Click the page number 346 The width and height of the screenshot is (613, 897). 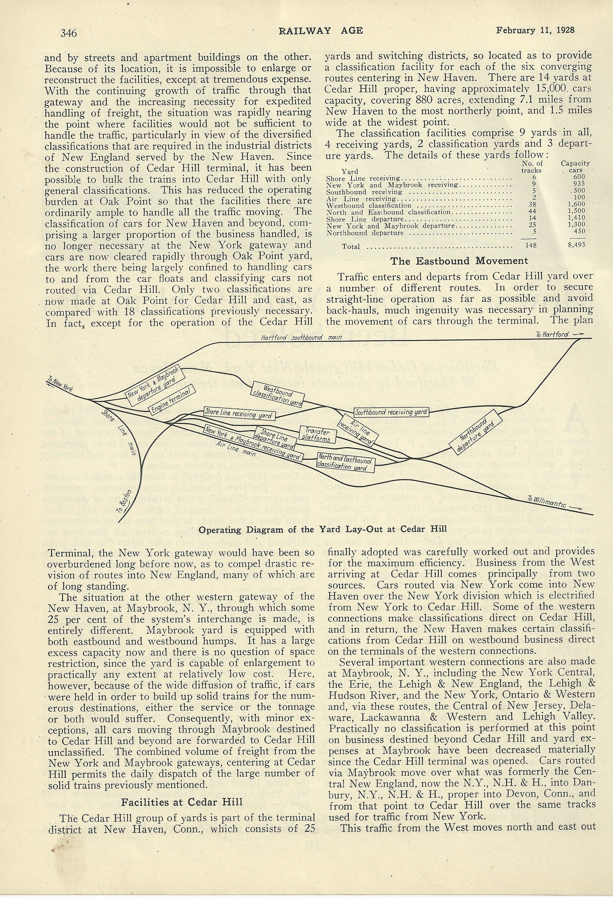(69, 33)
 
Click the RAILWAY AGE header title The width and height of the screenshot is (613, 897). (321, 31)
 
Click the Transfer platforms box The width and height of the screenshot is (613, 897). (317, 434)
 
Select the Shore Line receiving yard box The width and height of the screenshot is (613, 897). (239, 414)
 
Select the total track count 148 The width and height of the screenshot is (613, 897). (531, 245)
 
